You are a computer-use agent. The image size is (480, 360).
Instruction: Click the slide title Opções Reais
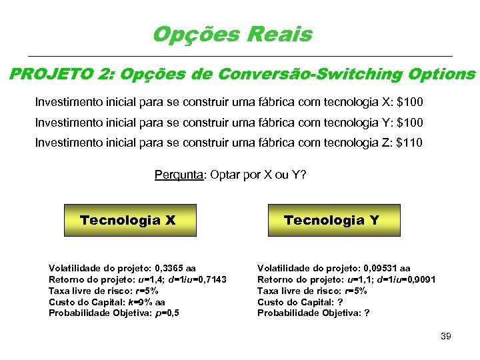(232, 34)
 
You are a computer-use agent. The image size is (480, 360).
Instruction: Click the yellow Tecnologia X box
(128, 220)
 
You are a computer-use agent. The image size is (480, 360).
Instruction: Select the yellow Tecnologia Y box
(331, 220)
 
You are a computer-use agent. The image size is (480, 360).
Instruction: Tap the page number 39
(446, 337)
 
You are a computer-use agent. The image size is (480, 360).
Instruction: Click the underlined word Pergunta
(179, 175)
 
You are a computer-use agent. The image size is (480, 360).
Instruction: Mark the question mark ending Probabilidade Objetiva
(368, 313)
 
